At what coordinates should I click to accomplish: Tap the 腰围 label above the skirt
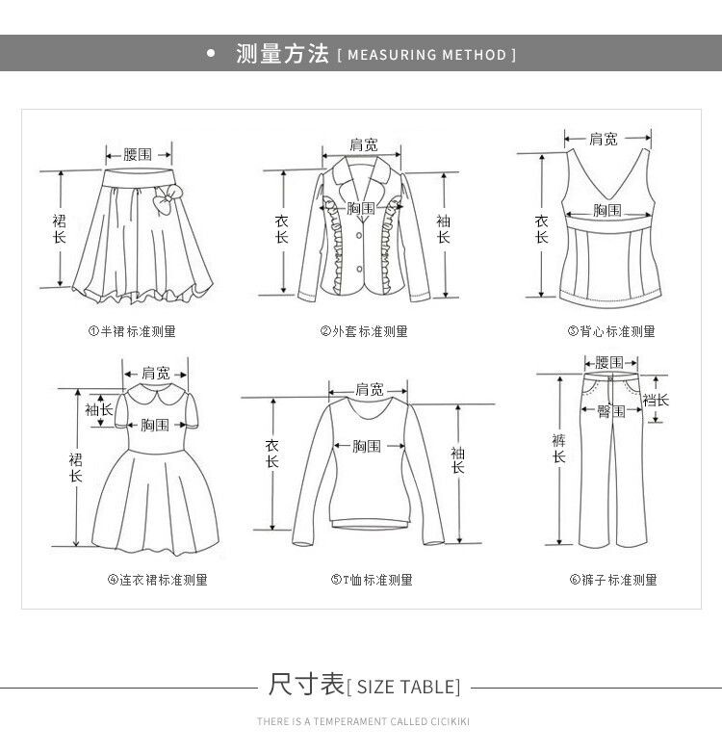(138, 154)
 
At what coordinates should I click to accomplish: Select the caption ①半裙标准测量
(132, 331)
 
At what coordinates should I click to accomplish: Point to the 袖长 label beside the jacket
(443, 228)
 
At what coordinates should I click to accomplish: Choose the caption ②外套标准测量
(364, 331)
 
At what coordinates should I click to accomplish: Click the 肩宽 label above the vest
(604, 140)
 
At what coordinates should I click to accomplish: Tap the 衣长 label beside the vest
(541, 228)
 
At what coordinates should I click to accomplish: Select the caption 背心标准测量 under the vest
(617, 331)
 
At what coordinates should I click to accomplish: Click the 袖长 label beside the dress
(99, 409)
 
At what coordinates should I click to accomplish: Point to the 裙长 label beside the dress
(75, 467)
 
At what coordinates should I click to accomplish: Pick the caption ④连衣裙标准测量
(157, 580)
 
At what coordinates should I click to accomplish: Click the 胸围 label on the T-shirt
(366, 446)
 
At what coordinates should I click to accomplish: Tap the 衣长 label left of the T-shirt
(272, 454)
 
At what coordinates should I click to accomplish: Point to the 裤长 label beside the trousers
(558, 448)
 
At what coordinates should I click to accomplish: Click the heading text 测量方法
(282, 54)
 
